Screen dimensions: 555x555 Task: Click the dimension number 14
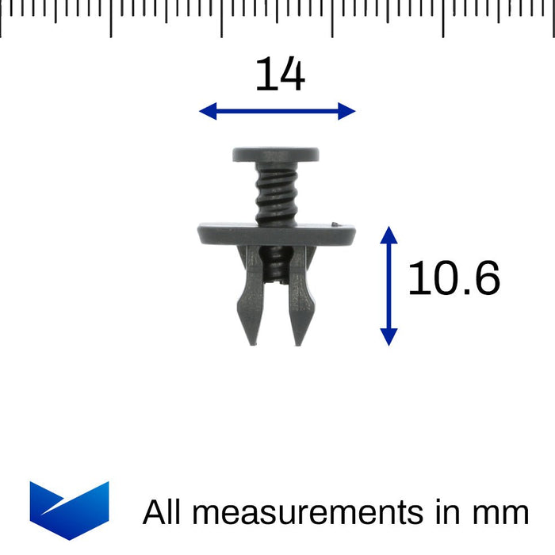[x=279, y=76]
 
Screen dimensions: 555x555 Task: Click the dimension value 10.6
[x=454, y=280]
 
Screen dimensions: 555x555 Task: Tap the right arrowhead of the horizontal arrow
[x=346, y=112]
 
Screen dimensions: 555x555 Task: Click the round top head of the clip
[x=276, y=155]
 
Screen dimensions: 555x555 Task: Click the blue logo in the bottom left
[x=69, y=509]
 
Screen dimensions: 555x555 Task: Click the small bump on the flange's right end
[x=339, y=224]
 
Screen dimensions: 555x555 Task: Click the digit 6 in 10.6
[x=484, y=280]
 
